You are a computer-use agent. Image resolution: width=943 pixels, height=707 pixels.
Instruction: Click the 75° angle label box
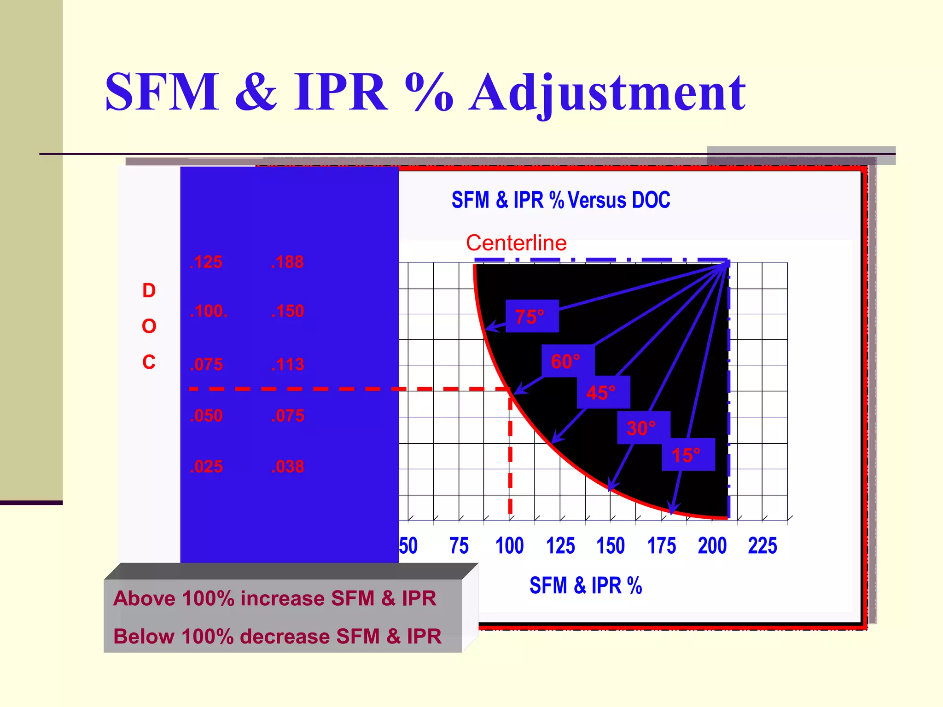pyautogui.click(x=532, y=316)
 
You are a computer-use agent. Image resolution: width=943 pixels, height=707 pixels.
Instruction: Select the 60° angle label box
pyautogui.click(x=567, y=361)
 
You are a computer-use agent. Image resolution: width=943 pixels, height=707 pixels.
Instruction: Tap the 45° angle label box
pyautogui.click(x=603, y=393)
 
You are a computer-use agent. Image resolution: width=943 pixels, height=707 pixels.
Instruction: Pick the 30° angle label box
pyautogui.click(x=643, y=428)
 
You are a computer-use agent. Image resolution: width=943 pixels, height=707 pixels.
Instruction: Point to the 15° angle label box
pyautogui.click(x=688, y=455)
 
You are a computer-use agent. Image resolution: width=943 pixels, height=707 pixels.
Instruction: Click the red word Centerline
pyautogui.click(x=516, y=243)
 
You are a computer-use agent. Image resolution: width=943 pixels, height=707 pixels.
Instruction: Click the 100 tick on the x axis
pyautogui.click(x=509, y=546)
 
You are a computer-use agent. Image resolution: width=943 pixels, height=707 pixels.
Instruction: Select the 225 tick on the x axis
pyautogui.click(x=763, y=546)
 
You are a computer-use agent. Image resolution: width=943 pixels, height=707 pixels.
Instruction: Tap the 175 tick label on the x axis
pyautogui.click(x=662, y=546)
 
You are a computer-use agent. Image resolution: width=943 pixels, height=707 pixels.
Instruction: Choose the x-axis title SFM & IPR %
pyautogui.click(x=585, y=586)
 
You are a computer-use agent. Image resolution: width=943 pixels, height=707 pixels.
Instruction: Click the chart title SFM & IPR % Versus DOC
pyautogui.click(x=560, y=200)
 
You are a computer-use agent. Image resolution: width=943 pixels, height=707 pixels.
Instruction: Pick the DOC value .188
pyautogui.click(x=287, y=262)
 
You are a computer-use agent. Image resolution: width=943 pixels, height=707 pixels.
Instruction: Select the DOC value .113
pyautogui.click(x=287, y=365)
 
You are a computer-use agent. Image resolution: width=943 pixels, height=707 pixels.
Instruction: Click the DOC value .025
pyautogui.click(x=206, y=466)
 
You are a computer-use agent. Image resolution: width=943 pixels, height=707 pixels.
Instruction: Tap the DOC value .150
pyautogui.click(x=287, y=311)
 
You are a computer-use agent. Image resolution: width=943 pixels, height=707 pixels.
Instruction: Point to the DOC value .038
pyautogui.click(x=287, y=466)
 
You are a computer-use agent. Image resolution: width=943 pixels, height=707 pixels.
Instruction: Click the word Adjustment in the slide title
pyautogui.click(x=607, y=93)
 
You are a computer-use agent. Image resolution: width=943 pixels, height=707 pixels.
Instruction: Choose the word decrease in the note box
pyautogui.click(x=285, y=637)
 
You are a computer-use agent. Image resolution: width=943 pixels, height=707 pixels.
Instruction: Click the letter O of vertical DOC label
pyautogui.click(x=149, y=326)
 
